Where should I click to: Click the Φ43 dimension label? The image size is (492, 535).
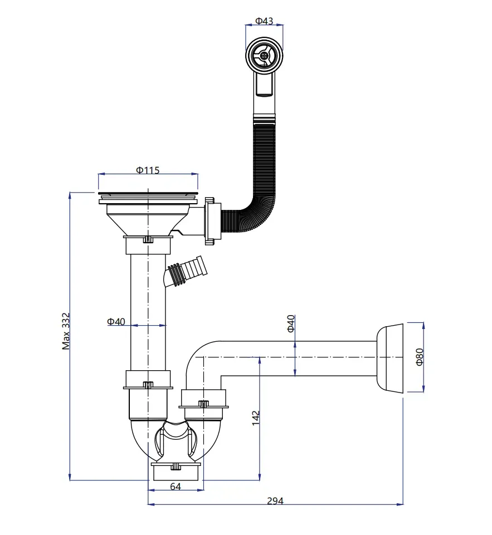pos(264,21)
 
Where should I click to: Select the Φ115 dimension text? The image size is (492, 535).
pos(148,170)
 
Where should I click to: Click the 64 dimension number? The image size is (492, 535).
pos(176,487)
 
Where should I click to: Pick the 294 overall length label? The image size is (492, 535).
pos(275,501)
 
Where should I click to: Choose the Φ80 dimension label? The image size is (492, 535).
pos(420,356)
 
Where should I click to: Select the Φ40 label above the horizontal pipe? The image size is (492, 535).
pos(290,324)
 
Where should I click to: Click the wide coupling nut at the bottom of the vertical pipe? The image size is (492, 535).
pos(148,380)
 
